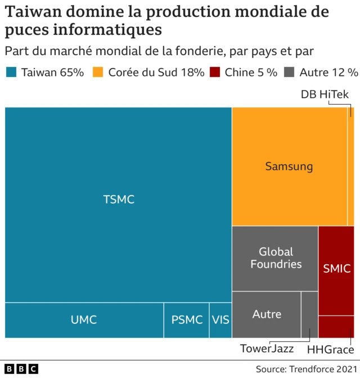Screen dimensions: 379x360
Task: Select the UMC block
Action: coord(84,320)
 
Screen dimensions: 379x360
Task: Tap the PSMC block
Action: coord(186,320)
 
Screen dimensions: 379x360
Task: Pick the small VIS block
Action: coord(220,320)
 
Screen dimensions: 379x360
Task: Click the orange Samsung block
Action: coord(289,166)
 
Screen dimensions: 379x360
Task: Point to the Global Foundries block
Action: coord(275,258)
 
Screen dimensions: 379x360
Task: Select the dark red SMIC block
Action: coord(336,270)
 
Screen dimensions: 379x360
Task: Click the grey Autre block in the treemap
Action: coord(266,314)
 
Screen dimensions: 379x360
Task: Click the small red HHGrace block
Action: coord(336,327)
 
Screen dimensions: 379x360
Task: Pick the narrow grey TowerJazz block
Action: coord(309,314)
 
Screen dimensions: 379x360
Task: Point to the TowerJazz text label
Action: coord(267,349)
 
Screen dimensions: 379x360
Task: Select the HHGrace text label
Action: coord(330,350)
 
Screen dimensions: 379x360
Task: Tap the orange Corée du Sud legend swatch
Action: coord(98,72)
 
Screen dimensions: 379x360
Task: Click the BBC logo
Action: coord(21,369)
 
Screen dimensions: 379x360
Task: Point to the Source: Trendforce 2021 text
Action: coord(307,369)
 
